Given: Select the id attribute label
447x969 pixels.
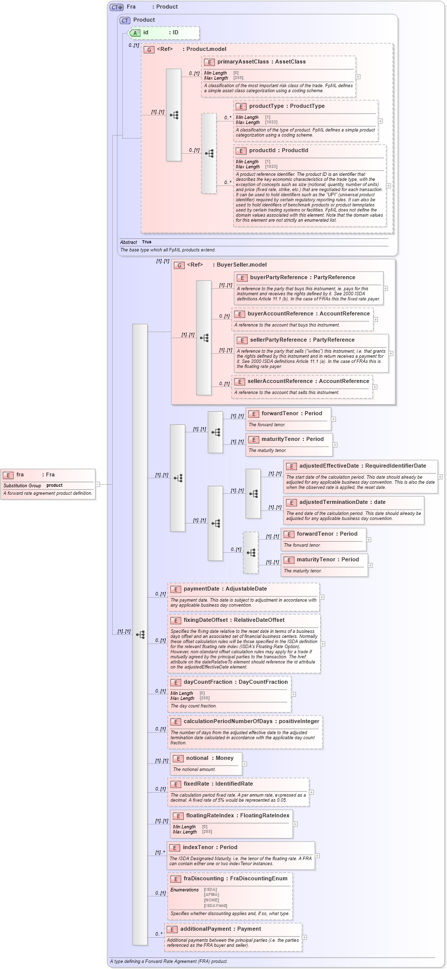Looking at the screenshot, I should [x=145, y=33].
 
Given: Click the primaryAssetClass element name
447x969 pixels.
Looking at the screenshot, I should [x=243, y=62].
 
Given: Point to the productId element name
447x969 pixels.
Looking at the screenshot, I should [x=262, y=151].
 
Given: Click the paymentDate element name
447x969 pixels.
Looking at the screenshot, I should [x=201, y=589].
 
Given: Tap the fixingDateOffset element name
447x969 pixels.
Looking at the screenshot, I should [x=205, y=620].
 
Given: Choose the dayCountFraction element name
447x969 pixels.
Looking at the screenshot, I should [x=208, y=682].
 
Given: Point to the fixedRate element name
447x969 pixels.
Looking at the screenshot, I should [x=196, y=784].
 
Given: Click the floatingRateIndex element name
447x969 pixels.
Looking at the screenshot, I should [x=210, y=816].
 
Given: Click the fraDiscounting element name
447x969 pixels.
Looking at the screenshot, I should [x=203, y=879].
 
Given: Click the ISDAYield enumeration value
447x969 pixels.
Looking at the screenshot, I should [x=215, y=906].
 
